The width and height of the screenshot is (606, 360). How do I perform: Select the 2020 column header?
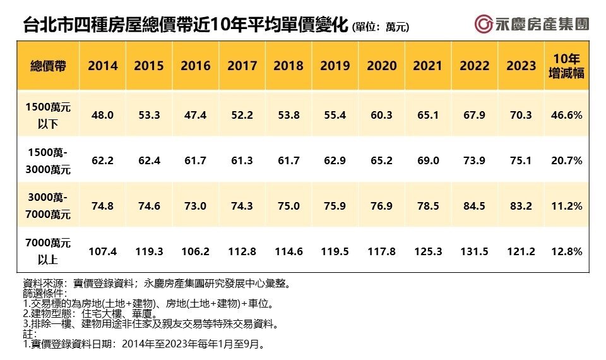pyautogui.click(x=382, y=66)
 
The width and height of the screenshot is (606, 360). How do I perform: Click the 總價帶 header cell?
pyautogui.click(x=48, y=66)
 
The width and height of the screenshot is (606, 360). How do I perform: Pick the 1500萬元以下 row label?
pyautogui.click(x=48, y=115)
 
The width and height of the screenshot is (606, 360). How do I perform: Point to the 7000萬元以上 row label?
pyautogui.click(x=48, y=251)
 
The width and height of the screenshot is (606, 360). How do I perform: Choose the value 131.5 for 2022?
pyautogui.click(x=475, y=251)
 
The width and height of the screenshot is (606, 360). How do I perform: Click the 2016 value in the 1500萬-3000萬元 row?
pyautogui.click(x=196, y=161)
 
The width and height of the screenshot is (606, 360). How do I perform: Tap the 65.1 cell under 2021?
pyautogui.click(x=428, y=116)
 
